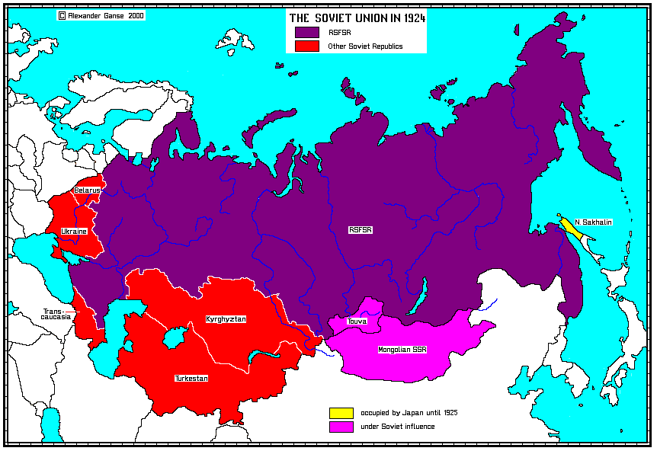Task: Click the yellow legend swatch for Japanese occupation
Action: pyautogui.click(x=341, y=412)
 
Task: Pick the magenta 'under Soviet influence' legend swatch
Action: pyautogui.click(x=341, y=427)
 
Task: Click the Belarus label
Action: pyautogui.click(x=87, y=190)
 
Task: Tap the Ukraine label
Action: pyautogui.click(x=74, y=230)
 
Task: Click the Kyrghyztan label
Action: pyautogui.click(x=226, y=318)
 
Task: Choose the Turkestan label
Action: pyautogui.click(x=191, y=378)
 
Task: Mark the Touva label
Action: pyautogui.click(x=357, y=321)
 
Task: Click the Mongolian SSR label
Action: pyautogui.click(x=402, y=350)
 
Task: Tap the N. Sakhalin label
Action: pyautogui.click(x=594, y=222)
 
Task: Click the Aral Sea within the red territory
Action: pyautogui.click(x=175, y=336)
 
